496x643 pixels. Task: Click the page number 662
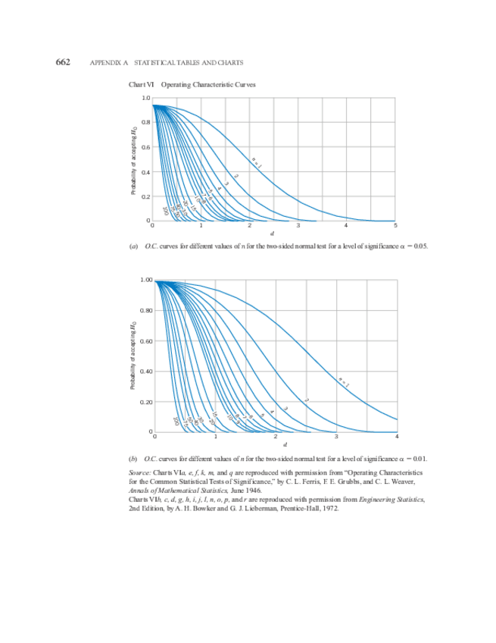(64, 61)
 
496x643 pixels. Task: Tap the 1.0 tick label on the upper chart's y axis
(145, 99)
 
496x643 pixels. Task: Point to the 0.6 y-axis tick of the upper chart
(145, 147)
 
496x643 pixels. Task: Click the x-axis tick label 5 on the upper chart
(395, 226)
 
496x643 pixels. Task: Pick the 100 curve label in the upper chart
(165, 211)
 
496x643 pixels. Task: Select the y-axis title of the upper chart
(133, 161)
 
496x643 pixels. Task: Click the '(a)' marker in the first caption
(134, 246)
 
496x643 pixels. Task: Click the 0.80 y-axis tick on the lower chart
(146, 310)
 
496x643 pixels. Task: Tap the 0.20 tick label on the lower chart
(146, 401)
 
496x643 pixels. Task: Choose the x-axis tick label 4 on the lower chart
(397, 438)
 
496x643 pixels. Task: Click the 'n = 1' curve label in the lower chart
(343, 383)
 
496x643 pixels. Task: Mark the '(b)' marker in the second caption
(134, 459)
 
